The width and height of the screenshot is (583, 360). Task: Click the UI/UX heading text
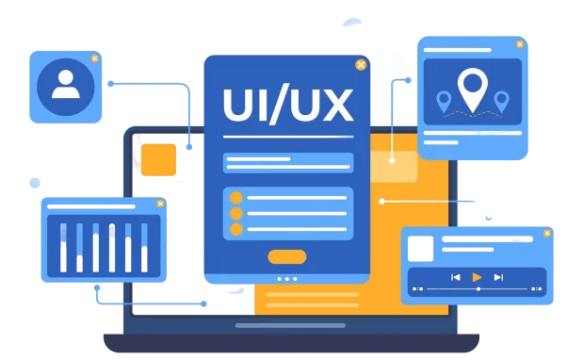[x=288, y=106]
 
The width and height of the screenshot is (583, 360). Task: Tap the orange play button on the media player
[x=477, y=277]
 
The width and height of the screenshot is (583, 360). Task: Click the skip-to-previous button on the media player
[x=456, y=277]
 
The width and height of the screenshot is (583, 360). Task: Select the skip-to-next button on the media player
[x=498, y=277]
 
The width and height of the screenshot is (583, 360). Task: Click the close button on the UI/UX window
[x=361, y=65]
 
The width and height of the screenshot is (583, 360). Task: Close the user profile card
[x=95, y=58]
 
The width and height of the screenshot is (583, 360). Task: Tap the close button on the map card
[x=520, y=44]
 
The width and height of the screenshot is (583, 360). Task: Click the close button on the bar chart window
[x=160, y=204]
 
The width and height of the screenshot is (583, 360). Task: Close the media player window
[x=547, y=233]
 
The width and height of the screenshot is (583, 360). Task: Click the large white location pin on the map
[x=473, y=90]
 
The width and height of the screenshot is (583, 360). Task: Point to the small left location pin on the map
[x=444, y=101]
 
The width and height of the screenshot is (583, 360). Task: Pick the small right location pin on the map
[x=502, y=101]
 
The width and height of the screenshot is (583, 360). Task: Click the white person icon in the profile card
[x=66, y=84]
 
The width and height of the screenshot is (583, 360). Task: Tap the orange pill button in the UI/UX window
[x=287, y=257]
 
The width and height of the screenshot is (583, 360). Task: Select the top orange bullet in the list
[x=236, y=198]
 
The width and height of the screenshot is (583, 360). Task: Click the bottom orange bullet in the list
[x=236, y=229]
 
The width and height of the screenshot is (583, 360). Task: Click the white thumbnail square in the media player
[x=420, y=249]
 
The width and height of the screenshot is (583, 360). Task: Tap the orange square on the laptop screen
[x=158, y=159]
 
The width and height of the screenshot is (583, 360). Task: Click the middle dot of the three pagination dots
[x=287, y=279]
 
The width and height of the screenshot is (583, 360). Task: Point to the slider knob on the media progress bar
[x=478, y=289]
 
